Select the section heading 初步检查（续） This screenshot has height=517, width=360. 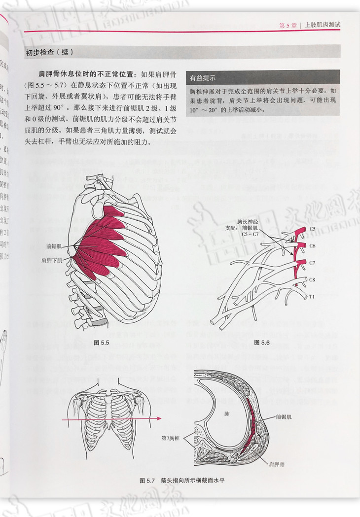coord(49,52)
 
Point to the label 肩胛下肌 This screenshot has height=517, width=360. coord(52,259)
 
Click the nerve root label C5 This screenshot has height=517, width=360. coord(312,229)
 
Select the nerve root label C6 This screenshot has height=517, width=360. coord(312,245)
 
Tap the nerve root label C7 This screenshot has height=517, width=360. coord(312,263)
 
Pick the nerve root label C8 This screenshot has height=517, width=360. coord(312,280)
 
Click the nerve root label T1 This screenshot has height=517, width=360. coord(312,296)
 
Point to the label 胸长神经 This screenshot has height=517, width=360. coord(246,222)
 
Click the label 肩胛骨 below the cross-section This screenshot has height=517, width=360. coord(278,464)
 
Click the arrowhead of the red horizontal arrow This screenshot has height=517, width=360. coord(158,418)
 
